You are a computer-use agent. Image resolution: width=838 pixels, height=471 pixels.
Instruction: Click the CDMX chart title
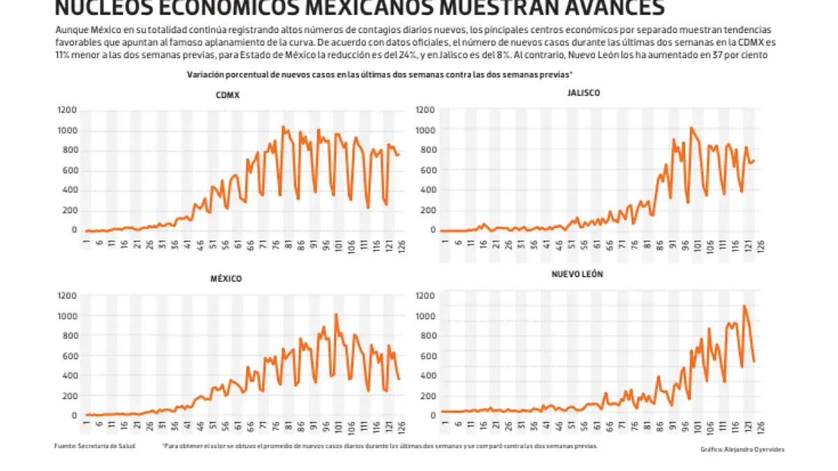pyautogui.click(x=228, y=96)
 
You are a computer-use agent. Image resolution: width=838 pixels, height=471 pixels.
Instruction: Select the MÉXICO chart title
pyautogui.click(x=228, y=279)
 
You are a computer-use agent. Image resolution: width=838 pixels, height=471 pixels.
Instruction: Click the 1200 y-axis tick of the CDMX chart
pyautogui.click(x=67, y=110)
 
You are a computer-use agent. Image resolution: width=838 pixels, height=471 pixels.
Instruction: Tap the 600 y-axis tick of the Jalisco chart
pyautogui.click(x=427, y=170)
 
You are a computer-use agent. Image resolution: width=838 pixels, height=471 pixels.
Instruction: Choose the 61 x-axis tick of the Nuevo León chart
pyautogui.click(x=597, y=426)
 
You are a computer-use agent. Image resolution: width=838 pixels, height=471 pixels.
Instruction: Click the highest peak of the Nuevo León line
pyautogui.click(x=744, y=305)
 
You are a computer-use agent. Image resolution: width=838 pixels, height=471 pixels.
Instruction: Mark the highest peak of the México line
pyautogui.click(x=336, y=314)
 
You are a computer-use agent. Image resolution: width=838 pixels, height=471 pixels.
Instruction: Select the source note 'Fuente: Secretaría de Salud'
pyautogui.click(x=94, y=446)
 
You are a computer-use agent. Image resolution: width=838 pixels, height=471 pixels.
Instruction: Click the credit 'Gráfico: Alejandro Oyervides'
pyautogui.click(x=742, y=449)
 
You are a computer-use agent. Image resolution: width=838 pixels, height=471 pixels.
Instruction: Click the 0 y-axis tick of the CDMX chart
pyautogui.click(x=74, y=230)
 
